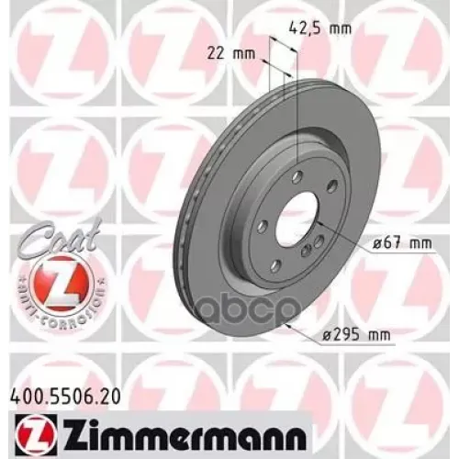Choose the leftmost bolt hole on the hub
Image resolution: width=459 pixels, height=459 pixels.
click(263, 224)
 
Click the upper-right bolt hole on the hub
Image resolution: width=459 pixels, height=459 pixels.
click(327, 201)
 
